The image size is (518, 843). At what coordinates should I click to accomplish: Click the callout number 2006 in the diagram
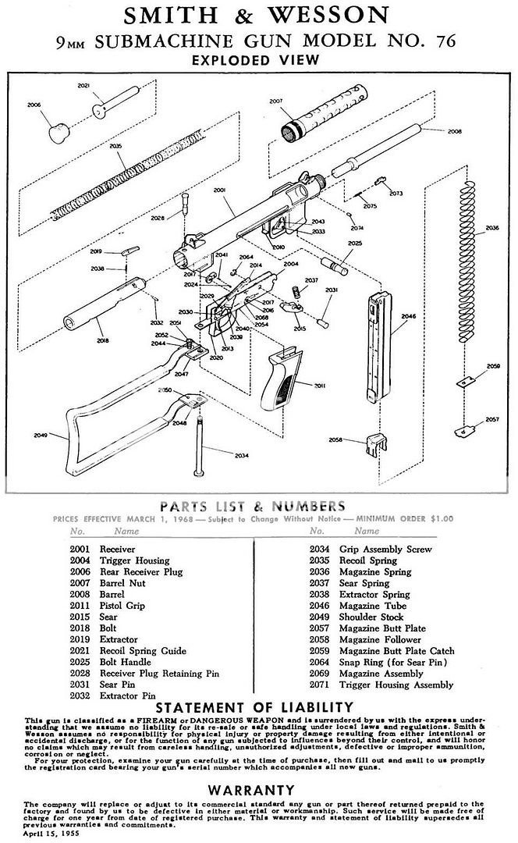(x=34, y=104)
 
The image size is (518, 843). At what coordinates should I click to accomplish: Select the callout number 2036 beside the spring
(x=492, y=228)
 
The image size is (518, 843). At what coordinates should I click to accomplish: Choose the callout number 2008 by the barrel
(x=455, y=132)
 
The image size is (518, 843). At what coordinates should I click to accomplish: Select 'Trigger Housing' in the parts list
(x=134, y=560)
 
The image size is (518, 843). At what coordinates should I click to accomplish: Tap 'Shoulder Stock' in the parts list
(x=372, y=617)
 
